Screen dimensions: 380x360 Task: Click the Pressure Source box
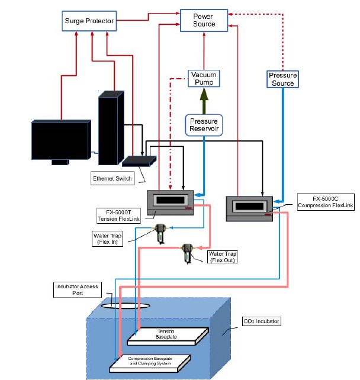(282, 79)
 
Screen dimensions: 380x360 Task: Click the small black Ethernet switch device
(139, 160)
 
